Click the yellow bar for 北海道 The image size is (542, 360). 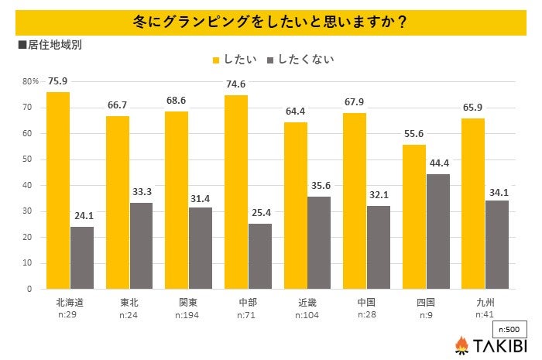[x=58, y=190]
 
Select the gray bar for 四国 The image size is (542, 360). [x=437, y=231]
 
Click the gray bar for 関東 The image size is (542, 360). [x=201, y=248]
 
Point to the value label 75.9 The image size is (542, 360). [x=58, y=80]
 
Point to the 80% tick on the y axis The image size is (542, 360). [x=30, y=81]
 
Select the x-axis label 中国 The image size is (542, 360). [x=366, y=303]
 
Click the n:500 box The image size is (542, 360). [x=510, y=328]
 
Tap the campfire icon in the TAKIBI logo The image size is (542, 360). [x=461, y=345]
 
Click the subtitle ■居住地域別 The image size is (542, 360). [x=49, y=44]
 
